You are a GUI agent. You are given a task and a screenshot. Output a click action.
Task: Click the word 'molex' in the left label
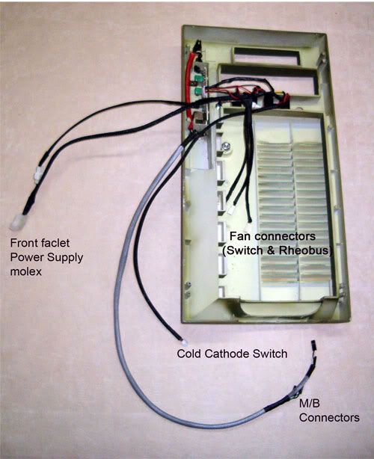point(25,271)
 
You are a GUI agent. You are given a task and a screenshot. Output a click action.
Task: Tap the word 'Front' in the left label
point(22,243)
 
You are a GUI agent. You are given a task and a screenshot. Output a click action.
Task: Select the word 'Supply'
point(65,258)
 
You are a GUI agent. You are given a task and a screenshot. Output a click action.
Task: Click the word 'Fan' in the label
point(238,236)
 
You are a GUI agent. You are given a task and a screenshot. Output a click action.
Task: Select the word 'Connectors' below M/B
point(329,417)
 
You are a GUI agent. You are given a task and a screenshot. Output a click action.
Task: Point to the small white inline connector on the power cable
point(38,176)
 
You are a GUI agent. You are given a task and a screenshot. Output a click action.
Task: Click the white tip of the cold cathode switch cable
point(184,342)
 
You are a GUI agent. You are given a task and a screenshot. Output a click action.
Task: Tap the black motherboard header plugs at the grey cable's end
point(313,354)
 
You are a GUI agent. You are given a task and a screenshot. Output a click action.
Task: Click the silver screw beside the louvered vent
point(226,146)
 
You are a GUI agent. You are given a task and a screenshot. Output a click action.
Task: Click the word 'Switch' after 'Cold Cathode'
point(270,354)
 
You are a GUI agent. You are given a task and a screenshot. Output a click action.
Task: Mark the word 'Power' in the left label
point(27,257)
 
